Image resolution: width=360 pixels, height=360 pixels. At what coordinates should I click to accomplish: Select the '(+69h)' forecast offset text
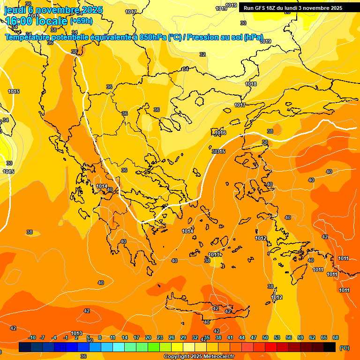tap(81, 21)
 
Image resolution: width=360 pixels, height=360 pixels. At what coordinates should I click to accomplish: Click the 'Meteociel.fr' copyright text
tap(216, 357)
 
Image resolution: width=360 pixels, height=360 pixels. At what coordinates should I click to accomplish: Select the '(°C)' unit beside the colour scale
tap(345, 348)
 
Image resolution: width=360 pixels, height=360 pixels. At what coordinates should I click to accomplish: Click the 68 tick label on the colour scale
tap(336, 338)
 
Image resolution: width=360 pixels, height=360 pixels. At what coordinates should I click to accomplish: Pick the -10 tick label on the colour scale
tap(32, 338)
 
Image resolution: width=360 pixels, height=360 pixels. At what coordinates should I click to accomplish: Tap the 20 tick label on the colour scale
tap(148, 338)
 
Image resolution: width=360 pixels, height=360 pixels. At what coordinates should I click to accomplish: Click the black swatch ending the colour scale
tap(330, 347)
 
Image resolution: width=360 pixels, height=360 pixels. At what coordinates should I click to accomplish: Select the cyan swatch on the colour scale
tap(119, 347)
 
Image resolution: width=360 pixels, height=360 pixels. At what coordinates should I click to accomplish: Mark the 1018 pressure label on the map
tap(251, 84)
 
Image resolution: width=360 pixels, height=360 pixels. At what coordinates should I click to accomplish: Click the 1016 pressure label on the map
tap(220, 133)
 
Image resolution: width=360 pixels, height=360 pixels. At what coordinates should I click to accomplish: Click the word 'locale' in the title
tap(50, 21)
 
